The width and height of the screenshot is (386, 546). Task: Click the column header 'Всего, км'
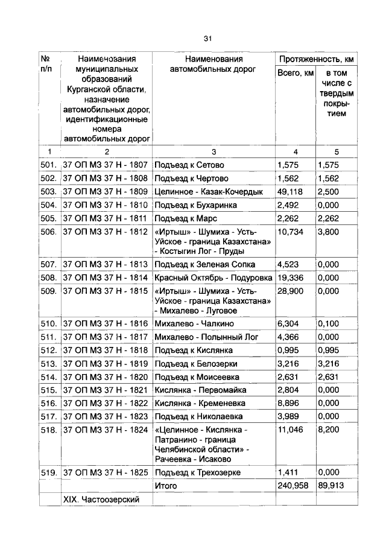(296, 73)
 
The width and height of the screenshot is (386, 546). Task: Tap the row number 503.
(49, 191)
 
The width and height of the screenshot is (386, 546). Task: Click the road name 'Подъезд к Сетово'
(189, 165)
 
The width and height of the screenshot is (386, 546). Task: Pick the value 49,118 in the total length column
(291, 191)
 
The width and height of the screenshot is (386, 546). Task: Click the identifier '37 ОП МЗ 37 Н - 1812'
(106, 231)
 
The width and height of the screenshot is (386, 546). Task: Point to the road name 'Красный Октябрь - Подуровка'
(212, 278)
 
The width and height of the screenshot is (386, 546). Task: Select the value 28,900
(291, 291)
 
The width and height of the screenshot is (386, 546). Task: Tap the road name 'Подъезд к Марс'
(185, 218)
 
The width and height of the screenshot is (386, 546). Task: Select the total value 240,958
(294, 486)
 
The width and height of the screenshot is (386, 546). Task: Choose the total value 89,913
(331, 486)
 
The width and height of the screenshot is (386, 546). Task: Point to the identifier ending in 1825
(106, 472)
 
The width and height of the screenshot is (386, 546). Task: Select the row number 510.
(49, 324)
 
